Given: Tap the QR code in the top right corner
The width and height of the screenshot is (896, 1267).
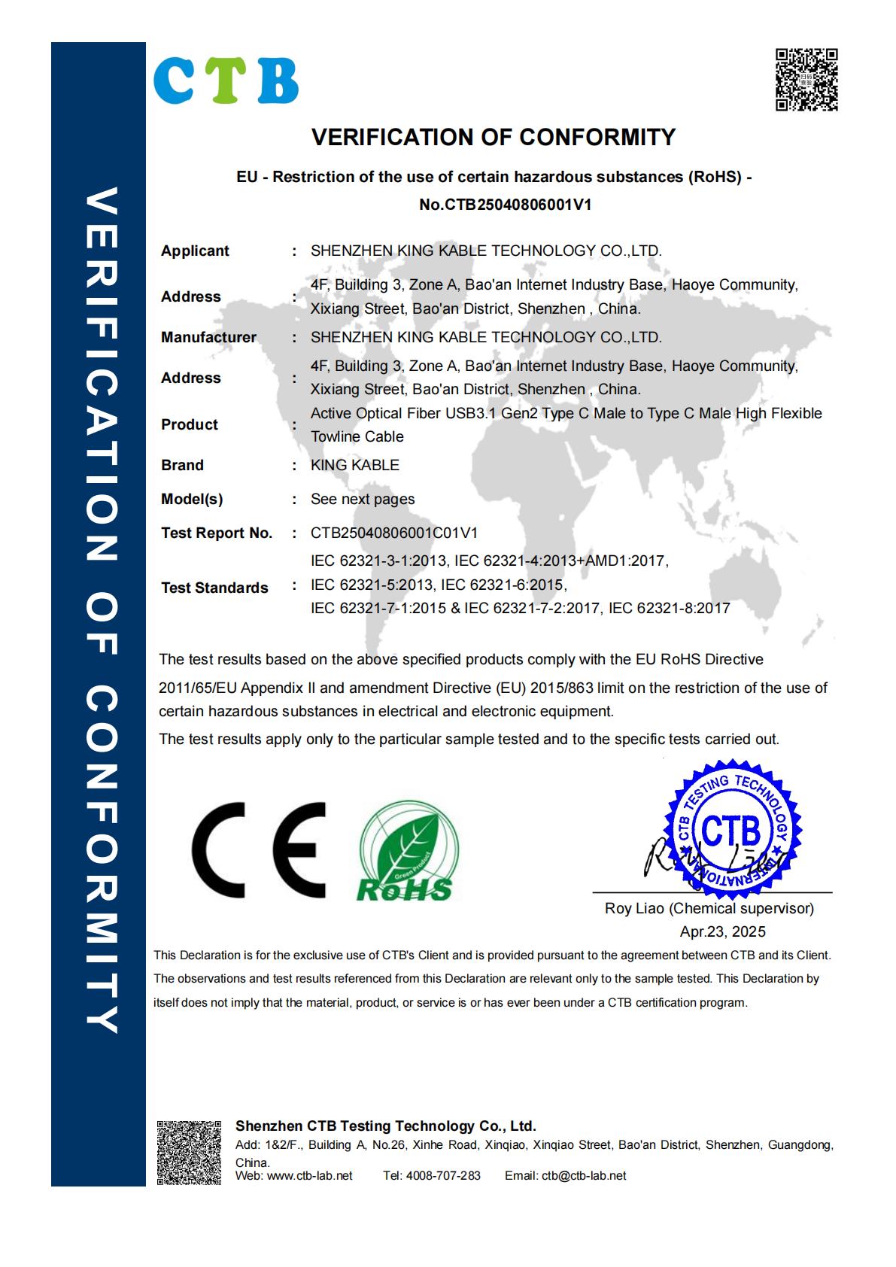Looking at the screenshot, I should (x=806, y=80).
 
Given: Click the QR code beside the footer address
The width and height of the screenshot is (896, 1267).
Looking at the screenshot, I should (x=189, y=1153).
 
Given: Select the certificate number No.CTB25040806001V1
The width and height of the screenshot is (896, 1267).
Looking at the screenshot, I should (x=505, y=204).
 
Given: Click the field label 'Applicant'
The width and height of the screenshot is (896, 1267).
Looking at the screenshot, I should (x=195, y=251).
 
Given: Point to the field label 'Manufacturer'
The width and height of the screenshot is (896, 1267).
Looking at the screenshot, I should (x=208, y=337).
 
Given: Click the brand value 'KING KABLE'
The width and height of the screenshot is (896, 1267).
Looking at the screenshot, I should (x=354, y=465).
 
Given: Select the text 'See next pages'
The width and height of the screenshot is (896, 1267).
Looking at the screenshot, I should (x=363, y=499).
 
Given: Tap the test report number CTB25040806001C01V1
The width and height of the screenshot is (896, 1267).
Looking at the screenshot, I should (x=394, y=533).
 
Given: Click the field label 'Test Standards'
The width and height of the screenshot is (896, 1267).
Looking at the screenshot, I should (x=214, y=588).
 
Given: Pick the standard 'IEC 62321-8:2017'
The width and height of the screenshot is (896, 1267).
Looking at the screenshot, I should (x=669, y=608).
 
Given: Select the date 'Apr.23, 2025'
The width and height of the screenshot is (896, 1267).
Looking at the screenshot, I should (x=722, y=931).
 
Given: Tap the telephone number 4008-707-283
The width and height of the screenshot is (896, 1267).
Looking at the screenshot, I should (x=442, y=1175).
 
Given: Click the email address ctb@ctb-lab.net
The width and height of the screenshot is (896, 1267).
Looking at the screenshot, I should (x=583, y=1175).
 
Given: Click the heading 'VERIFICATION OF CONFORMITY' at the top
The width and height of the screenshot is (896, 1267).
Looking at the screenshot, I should (x=494, y=137).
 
